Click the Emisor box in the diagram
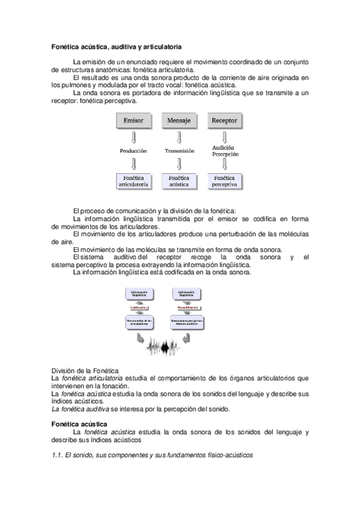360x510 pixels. pos(133,121)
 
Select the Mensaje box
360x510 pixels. pos(179,121)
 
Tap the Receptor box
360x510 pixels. pos(225,121)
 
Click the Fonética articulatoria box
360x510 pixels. pos(133,182)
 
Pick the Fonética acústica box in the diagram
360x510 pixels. pos(179,182)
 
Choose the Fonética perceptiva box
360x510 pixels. pos(225,182)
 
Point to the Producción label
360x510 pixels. pos(133,151)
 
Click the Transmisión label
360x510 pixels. pos(179,151)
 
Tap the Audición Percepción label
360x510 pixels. pos(225,150)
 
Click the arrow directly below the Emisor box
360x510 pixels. pos(133,136)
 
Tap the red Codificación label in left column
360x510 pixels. pos(139,307)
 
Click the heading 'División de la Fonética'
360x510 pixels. pos(85,370)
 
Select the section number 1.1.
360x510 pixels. pos(58,455)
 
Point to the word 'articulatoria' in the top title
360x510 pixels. pos(159,46)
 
